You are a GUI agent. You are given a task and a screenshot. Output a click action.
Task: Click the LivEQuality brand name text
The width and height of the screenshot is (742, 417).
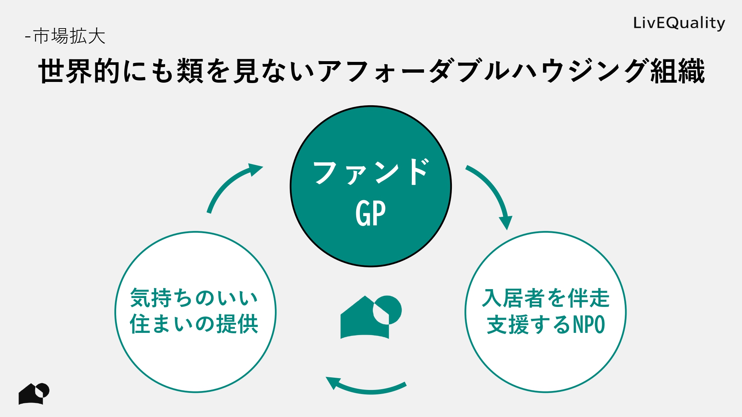679,23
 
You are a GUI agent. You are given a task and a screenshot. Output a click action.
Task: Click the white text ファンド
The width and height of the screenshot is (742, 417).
371,172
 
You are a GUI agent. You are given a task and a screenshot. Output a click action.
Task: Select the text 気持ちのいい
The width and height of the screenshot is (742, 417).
194,298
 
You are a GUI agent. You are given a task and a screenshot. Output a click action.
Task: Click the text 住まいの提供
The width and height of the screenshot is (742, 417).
194,324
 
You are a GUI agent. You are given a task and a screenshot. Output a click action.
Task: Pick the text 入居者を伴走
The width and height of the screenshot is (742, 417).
545,298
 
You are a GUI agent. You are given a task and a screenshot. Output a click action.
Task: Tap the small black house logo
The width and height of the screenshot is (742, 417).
33,394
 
